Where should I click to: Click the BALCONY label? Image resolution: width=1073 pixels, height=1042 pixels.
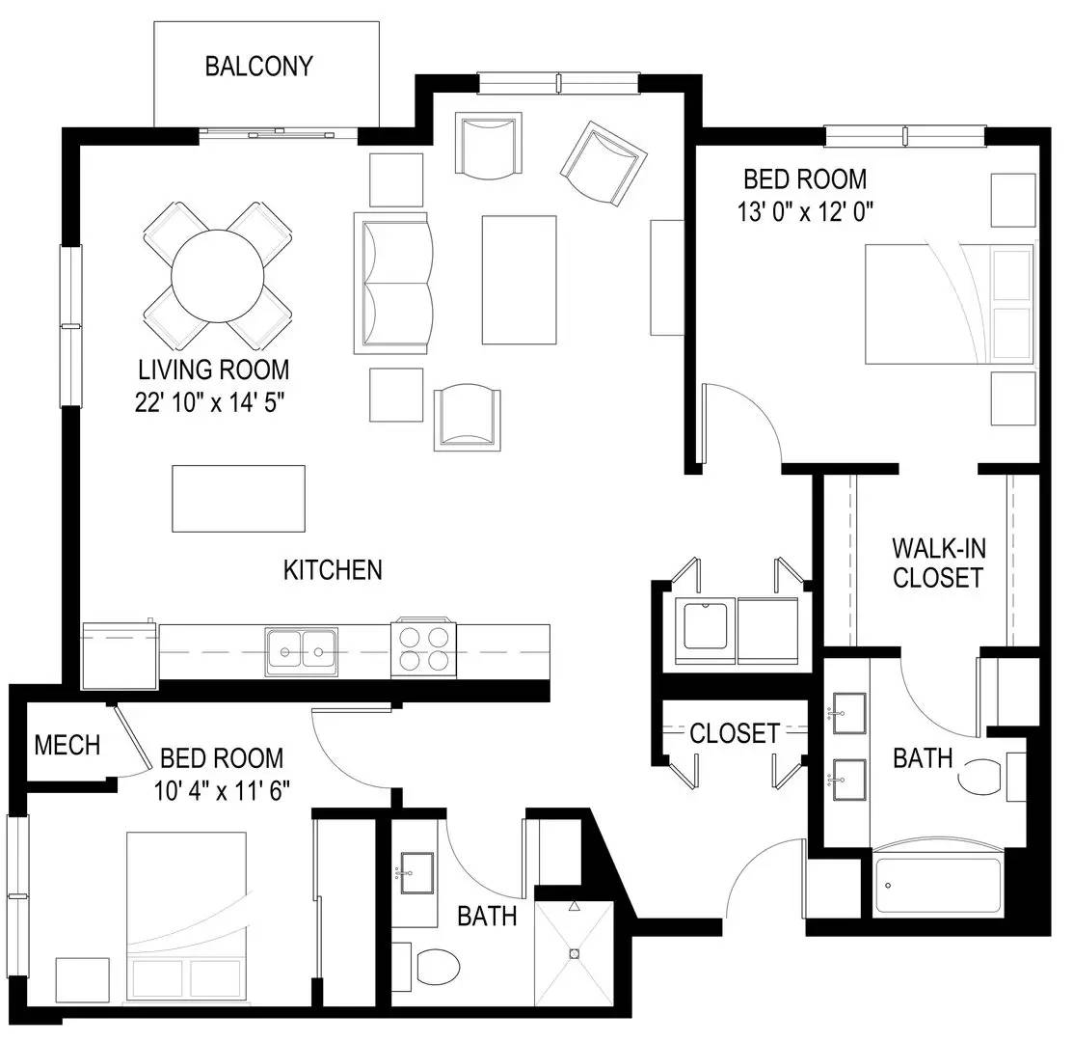[x=258, y=67]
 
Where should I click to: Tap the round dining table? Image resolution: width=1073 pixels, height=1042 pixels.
[x=218, y=276]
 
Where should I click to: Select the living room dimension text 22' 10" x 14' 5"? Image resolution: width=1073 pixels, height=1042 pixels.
[x=209, y=402]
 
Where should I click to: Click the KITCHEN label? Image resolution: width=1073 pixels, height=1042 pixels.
[x=333, y=570]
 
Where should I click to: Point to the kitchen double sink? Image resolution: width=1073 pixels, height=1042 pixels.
[x=302, y=651]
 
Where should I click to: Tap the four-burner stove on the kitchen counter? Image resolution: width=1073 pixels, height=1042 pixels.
[x=423, y=649]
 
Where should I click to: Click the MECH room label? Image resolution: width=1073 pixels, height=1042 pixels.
[x=67, y=745]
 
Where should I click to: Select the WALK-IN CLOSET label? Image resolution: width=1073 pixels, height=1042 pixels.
[x=938, y=562]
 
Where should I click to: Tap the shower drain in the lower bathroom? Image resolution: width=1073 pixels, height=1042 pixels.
[x=575, y=953]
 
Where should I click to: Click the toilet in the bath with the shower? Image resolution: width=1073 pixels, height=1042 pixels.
[x=426, y=966]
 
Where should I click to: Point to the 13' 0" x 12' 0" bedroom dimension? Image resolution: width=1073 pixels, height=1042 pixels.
[x=805, y=211]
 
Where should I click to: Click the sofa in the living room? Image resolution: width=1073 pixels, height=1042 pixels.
[x=393, y=283]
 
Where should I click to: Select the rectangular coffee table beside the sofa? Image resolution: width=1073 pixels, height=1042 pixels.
[x=520, y=280]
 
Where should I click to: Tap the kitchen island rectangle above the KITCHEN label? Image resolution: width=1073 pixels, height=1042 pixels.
[x=238, y=499]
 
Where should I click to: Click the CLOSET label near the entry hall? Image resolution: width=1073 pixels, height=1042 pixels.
[x=735, y=733]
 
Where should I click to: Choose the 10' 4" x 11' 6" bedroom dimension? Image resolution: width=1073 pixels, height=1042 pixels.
[x=222, y=791]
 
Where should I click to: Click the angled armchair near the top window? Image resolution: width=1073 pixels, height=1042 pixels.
[x=604, y=163]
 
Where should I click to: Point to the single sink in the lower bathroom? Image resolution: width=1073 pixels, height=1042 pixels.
[x=416, y=873]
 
